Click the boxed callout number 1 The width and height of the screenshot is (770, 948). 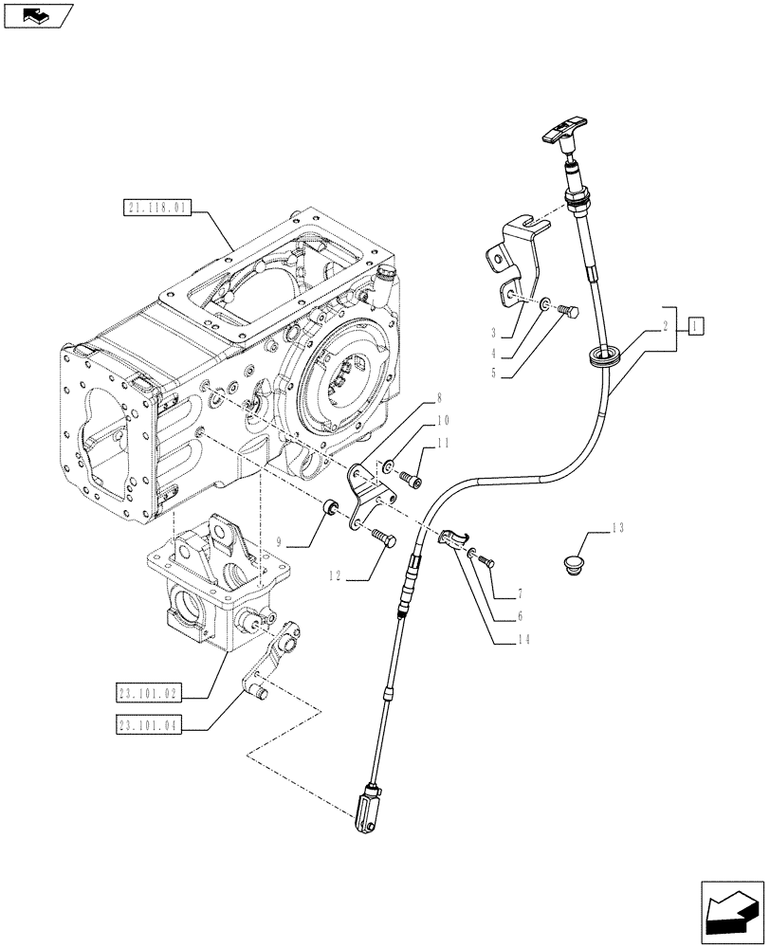tap(695, 327)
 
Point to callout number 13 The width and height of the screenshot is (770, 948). tap(618, 527)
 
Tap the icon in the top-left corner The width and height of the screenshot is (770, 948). tap(38, 15)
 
